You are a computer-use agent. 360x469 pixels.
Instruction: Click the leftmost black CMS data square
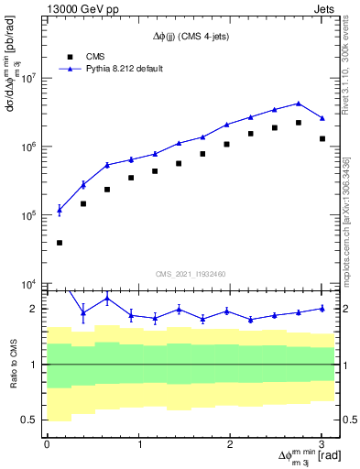[60, 243]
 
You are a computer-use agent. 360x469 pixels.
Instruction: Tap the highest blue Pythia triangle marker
[299, 104]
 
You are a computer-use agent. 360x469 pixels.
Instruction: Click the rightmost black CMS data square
[322, 138]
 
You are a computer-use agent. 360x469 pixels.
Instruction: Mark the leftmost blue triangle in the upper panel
[60, 210]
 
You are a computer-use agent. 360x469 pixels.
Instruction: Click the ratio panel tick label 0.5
[31, 420]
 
